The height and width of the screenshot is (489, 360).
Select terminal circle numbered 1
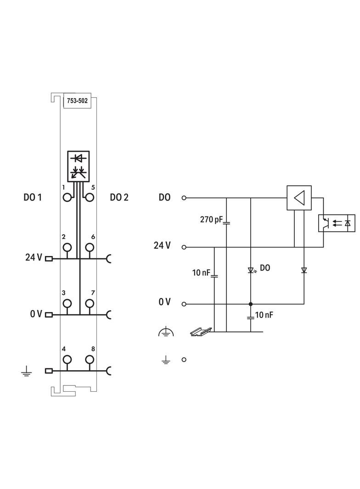pos(67,197)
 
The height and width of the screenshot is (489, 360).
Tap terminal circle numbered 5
pos(90,197)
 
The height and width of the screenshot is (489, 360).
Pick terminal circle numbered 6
pos(90,247)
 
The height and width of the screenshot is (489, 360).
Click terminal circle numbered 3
pos(67,303)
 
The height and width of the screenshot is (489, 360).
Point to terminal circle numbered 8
pos(90,359)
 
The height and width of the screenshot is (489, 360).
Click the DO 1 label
pos(33,197)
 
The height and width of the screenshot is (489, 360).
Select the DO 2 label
pos(119,197)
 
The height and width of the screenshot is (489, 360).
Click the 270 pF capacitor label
pos(211,219)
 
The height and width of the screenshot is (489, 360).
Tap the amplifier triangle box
pos(299,198)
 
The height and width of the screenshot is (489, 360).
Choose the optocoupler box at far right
pos(336,223)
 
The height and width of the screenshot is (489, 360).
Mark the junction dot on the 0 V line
pos(251,304)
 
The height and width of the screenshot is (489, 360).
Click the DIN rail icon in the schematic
pos(201,330)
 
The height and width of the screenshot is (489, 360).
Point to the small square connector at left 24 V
pos(49,258)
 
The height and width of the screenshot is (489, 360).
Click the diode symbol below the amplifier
pos(304,270)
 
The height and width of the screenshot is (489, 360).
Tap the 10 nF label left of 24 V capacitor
pos(201,273)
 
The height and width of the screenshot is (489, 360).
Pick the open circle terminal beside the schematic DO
pos(184,198)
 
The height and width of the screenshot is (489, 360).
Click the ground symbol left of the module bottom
pos(26,371)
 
